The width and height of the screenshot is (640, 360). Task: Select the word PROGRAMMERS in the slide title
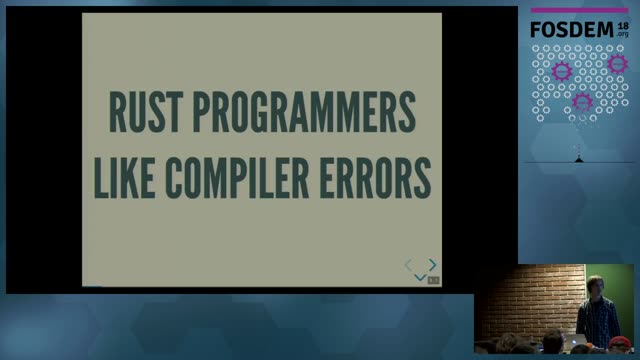click(x=304, y=112)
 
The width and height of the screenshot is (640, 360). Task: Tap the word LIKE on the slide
click(x=124, y=178)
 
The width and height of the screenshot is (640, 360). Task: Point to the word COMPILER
click(x=237, y=178)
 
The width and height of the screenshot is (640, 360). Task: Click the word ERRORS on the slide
click(x=375, y=178)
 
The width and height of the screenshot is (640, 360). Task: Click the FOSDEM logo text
click(x=572, y=30)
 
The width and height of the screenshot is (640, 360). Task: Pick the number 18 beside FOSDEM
click(x=623, y=26)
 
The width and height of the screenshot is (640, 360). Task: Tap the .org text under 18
click(x=622, y=34)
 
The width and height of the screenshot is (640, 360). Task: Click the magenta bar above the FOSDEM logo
click(x=579, y=10)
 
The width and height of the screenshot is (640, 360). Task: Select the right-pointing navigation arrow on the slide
click(x=433, y=265)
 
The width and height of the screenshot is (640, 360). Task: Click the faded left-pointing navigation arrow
click(x=408, y=265)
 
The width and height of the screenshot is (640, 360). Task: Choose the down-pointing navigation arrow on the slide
click(x=420, y=278)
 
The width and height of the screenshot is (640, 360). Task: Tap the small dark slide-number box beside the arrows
click(x=433, y=280)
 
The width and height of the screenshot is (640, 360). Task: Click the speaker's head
click(x=595, y=286)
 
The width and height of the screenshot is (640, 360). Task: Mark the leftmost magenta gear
click(x=562, y=71)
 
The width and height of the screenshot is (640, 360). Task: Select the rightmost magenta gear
click(x=617, y=64)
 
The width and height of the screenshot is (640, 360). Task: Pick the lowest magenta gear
click(x=582, y=102)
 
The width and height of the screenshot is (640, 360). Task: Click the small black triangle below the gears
click(x=579, y=160)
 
